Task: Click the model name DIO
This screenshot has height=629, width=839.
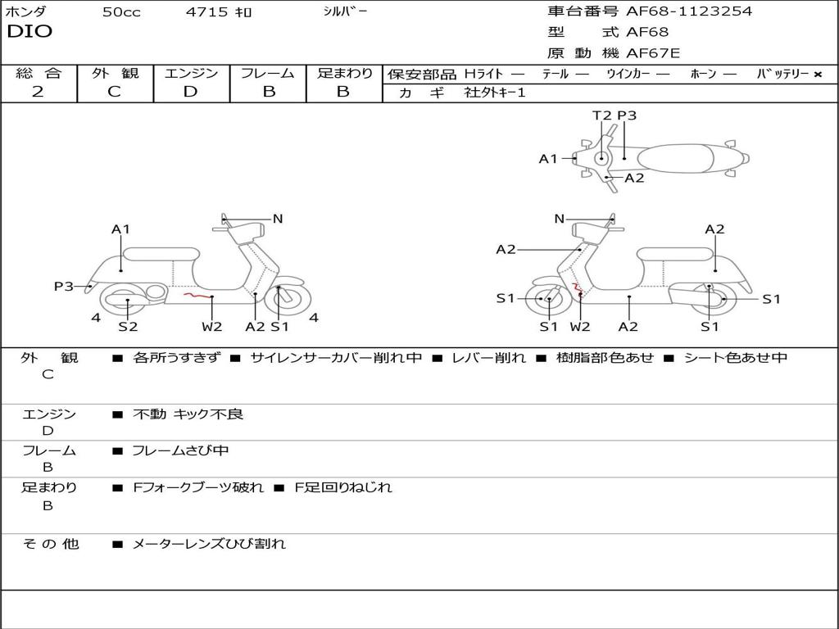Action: (x=29, y=32)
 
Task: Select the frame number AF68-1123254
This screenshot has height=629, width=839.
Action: (x=689, y=11)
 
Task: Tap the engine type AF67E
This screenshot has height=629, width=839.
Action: (x=653, y=53)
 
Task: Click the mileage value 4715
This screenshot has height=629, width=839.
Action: (x=206, y=11)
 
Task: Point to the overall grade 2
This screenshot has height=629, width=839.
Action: (x=38, y=92)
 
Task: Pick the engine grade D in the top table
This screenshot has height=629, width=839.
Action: (x=190, y=92)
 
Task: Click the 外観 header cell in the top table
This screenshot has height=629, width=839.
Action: (x=115, y=73)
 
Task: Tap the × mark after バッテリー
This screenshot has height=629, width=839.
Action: (x=818, y=75)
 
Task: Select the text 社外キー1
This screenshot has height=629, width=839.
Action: (x=495, y=93)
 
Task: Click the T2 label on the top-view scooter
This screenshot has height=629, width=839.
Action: (x=601, y=115)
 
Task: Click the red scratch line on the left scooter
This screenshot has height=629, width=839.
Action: (x=197, y=295)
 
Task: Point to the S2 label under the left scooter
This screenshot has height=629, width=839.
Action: (x=128, y=326)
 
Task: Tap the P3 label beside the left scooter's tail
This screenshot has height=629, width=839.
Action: (x=64, y=286)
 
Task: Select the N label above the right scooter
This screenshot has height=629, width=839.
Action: (x=559, y=219)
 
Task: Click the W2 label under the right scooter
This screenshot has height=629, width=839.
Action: (x=580, y=326)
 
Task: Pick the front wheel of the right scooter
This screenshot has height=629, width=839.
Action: (x=547, y=299)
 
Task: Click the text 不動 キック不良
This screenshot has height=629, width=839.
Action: (x=188, y=414)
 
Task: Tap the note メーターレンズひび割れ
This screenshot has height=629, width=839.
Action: (x=209, y=544)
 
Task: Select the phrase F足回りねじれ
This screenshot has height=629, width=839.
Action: (x=343, y=487)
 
